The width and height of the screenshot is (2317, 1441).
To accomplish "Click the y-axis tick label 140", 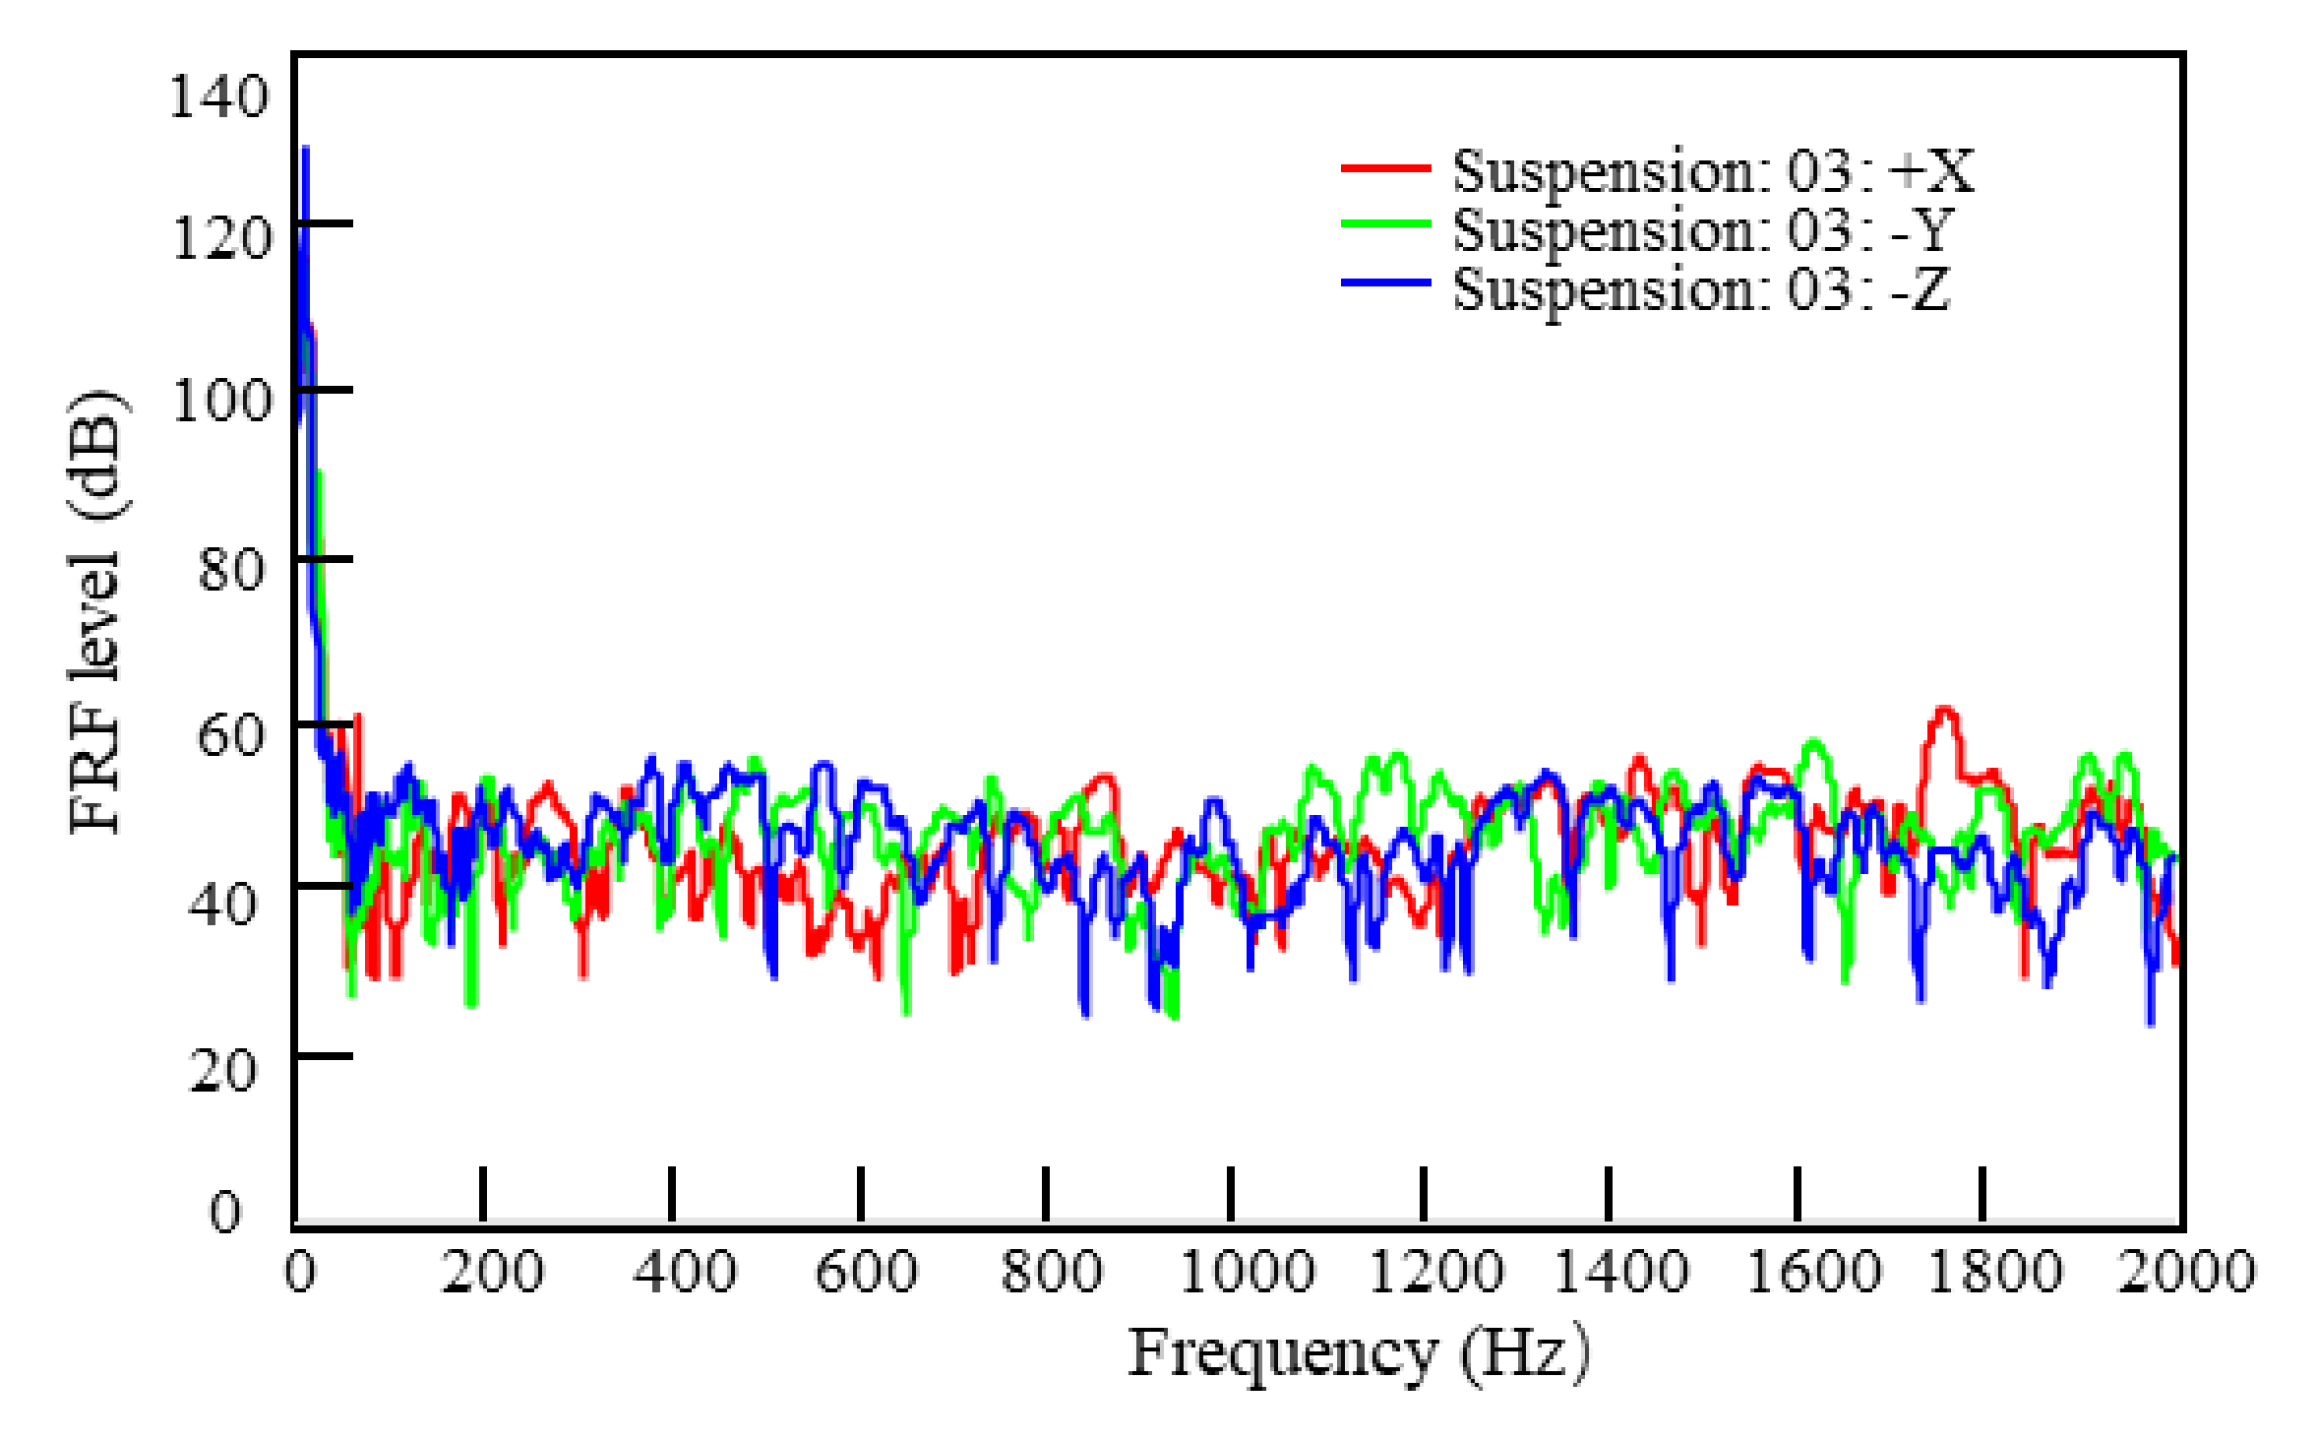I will pyautogui.click(x=217, y=97).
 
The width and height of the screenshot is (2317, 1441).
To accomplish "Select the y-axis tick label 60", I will pyautogui.click(x=230, y=735).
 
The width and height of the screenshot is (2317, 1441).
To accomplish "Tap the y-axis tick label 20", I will pyautogui.click(x=222, y=1070).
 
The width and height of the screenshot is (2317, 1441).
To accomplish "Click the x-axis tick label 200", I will pyautogui.click(x=491, y=1272).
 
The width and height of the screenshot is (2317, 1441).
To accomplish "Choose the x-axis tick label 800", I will pyautogui.click(x=1051, y=1272).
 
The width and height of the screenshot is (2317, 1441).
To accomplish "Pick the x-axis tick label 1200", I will pyautogui.click(x=1434, y=1272).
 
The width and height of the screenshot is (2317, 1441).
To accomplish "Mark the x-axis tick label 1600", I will pyautogui.click(x=1812, y=1272).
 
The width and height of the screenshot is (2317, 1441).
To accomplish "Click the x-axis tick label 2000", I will pyautogui.click(x=2185, y=1272).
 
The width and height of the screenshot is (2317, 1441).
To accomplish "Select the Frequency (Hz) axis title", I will pyautogui.click(x=1358, y=1354).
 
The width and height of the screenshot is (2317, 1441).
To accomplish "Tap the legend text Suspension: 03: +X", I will pyautogui.click(x=1712, y=171).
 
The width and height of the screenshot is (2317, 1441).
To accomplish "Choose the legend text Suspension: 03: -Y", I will pyautogui.click(x=1702, y=230).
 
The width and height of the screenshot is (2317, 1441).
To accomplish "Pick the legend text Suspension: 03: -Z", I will pyautogui.click(x=1701, y=289).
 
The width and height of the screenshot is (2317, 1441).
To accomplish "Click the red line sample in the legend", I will pyautogui.click(x=1385, y=168).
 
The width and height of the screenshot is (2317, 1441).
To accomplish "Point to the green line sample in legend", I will pyautogui.click(x=1385, y=224).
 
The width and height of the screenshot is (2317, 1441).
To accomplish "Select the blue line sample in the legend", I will pyautogui.click(x=1385, y=283).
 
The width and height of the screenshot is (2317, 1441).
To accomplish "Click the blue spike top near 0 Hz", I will pyautogui.click(x=305, y=151).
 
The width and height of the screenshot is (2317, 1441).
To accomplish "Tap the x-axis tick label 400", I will pyautogui.click(x=684, y=1272).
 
